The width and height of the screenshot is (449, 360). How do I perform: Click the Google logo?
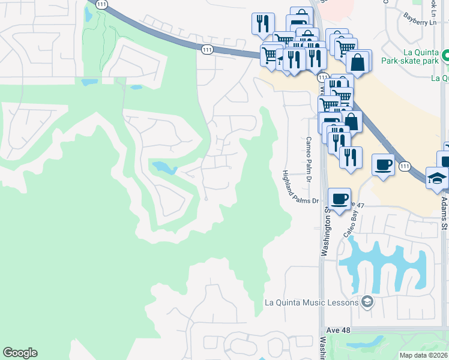pos(20,353)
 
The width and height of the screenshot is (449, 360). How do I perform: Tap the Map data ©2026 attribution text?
pos(424,355)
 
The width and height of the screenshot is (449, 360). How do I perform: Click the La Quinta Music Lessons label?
pos(312,302)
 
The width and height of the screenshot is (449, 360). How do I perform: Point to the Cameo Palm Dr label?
pos(309,158)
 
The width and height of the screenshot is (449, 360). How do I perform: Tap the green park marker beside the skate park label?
pos(445,56)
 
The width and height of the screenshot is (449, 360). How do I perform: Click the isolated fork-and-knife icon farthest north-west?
pos(263,23)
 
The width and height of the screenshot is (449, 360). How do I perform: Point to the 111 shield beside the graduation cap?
pos(405,166)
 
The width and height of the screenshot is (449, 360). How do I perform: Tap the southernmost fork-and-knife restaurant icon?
pos(351,157)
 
